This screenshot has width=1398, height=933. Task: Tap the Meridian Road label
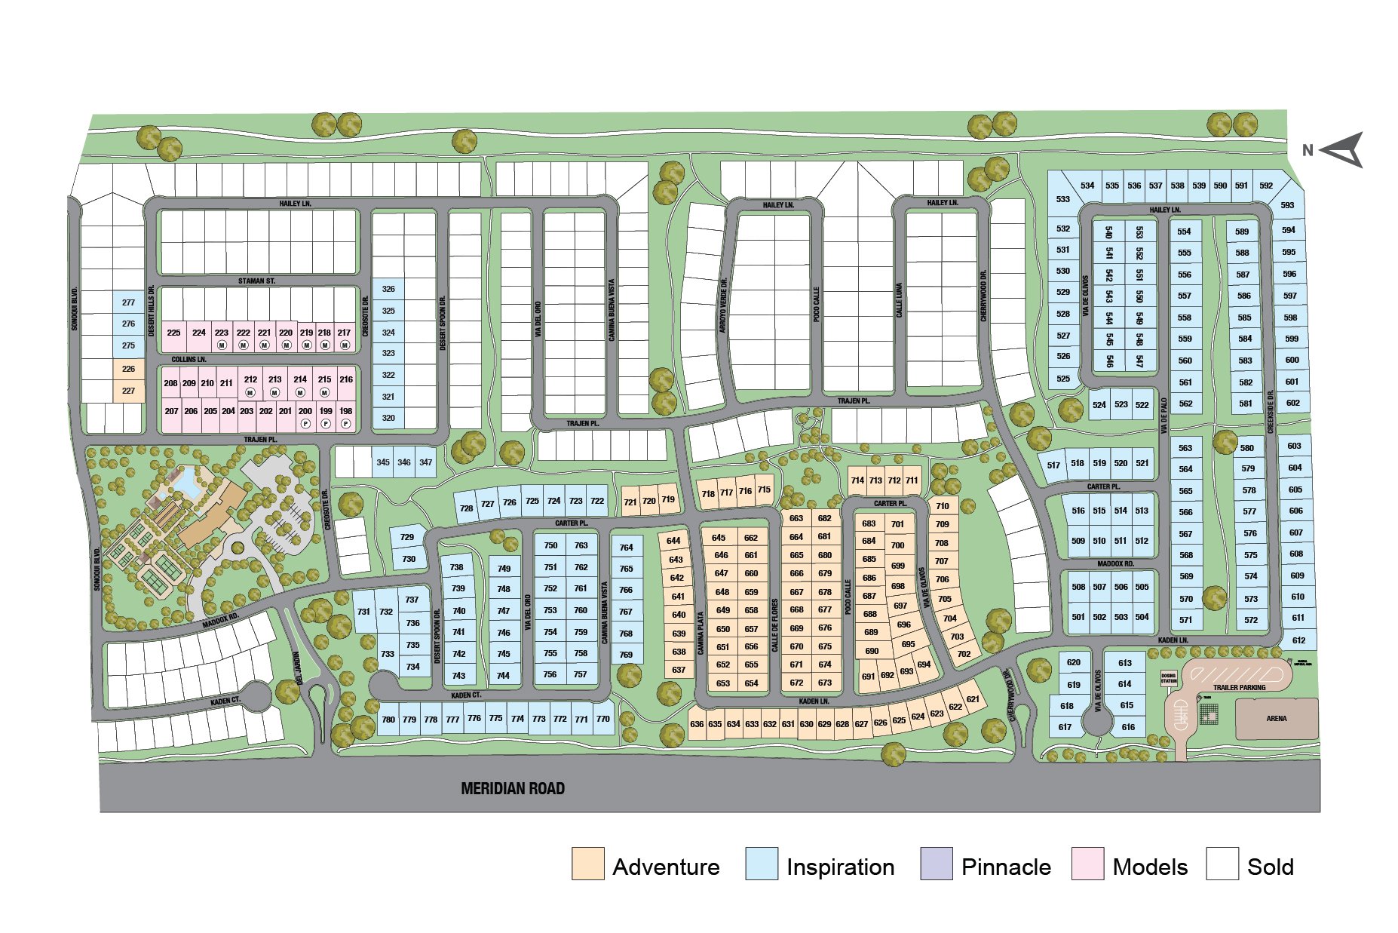[x=513, y=789]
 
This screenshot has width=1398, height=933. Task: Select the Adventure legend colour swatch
[x=587, y=864]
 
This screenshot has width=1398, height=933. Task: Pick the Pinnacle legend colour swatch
[x=936, y=864]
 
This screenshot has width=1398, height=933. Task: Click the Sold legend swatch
[x=1222, y=864]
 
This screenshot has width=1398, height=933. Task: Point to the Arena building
[x=1276, y=718]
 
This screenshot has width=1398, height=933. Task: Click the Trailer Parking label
[x=1239, y=687]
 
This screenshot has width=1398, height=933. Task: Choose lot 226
[x=128, y=369]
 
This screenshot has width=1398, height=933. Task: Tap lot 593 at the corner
[x=1287, y=205]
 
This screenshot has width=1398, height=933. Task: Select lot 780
[x=388, y=720]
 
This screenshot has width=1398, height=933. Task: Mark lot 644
[x=673, y=541]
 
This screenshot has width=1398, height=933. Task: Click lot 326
[x=388, y=289]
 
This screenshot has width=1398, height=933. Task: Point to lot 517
[x=1053, y=465]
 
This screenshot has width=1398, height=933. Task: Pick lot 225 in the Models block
[x=173, y=333]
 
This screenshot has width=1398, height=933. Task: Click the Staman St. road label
[x=256, y=281]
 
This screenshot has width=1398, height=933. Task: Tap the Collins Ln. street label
[x=189, y=360]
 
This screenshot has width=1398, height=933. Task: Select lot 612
[x=1298, y=640]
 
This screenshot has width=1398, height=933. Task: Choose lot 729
[x=407, y=537]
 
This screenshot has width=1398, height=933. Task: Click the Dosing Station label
[x=1168, y=679]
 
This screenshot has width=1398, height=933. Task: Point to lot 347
[x=426, y=462]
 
